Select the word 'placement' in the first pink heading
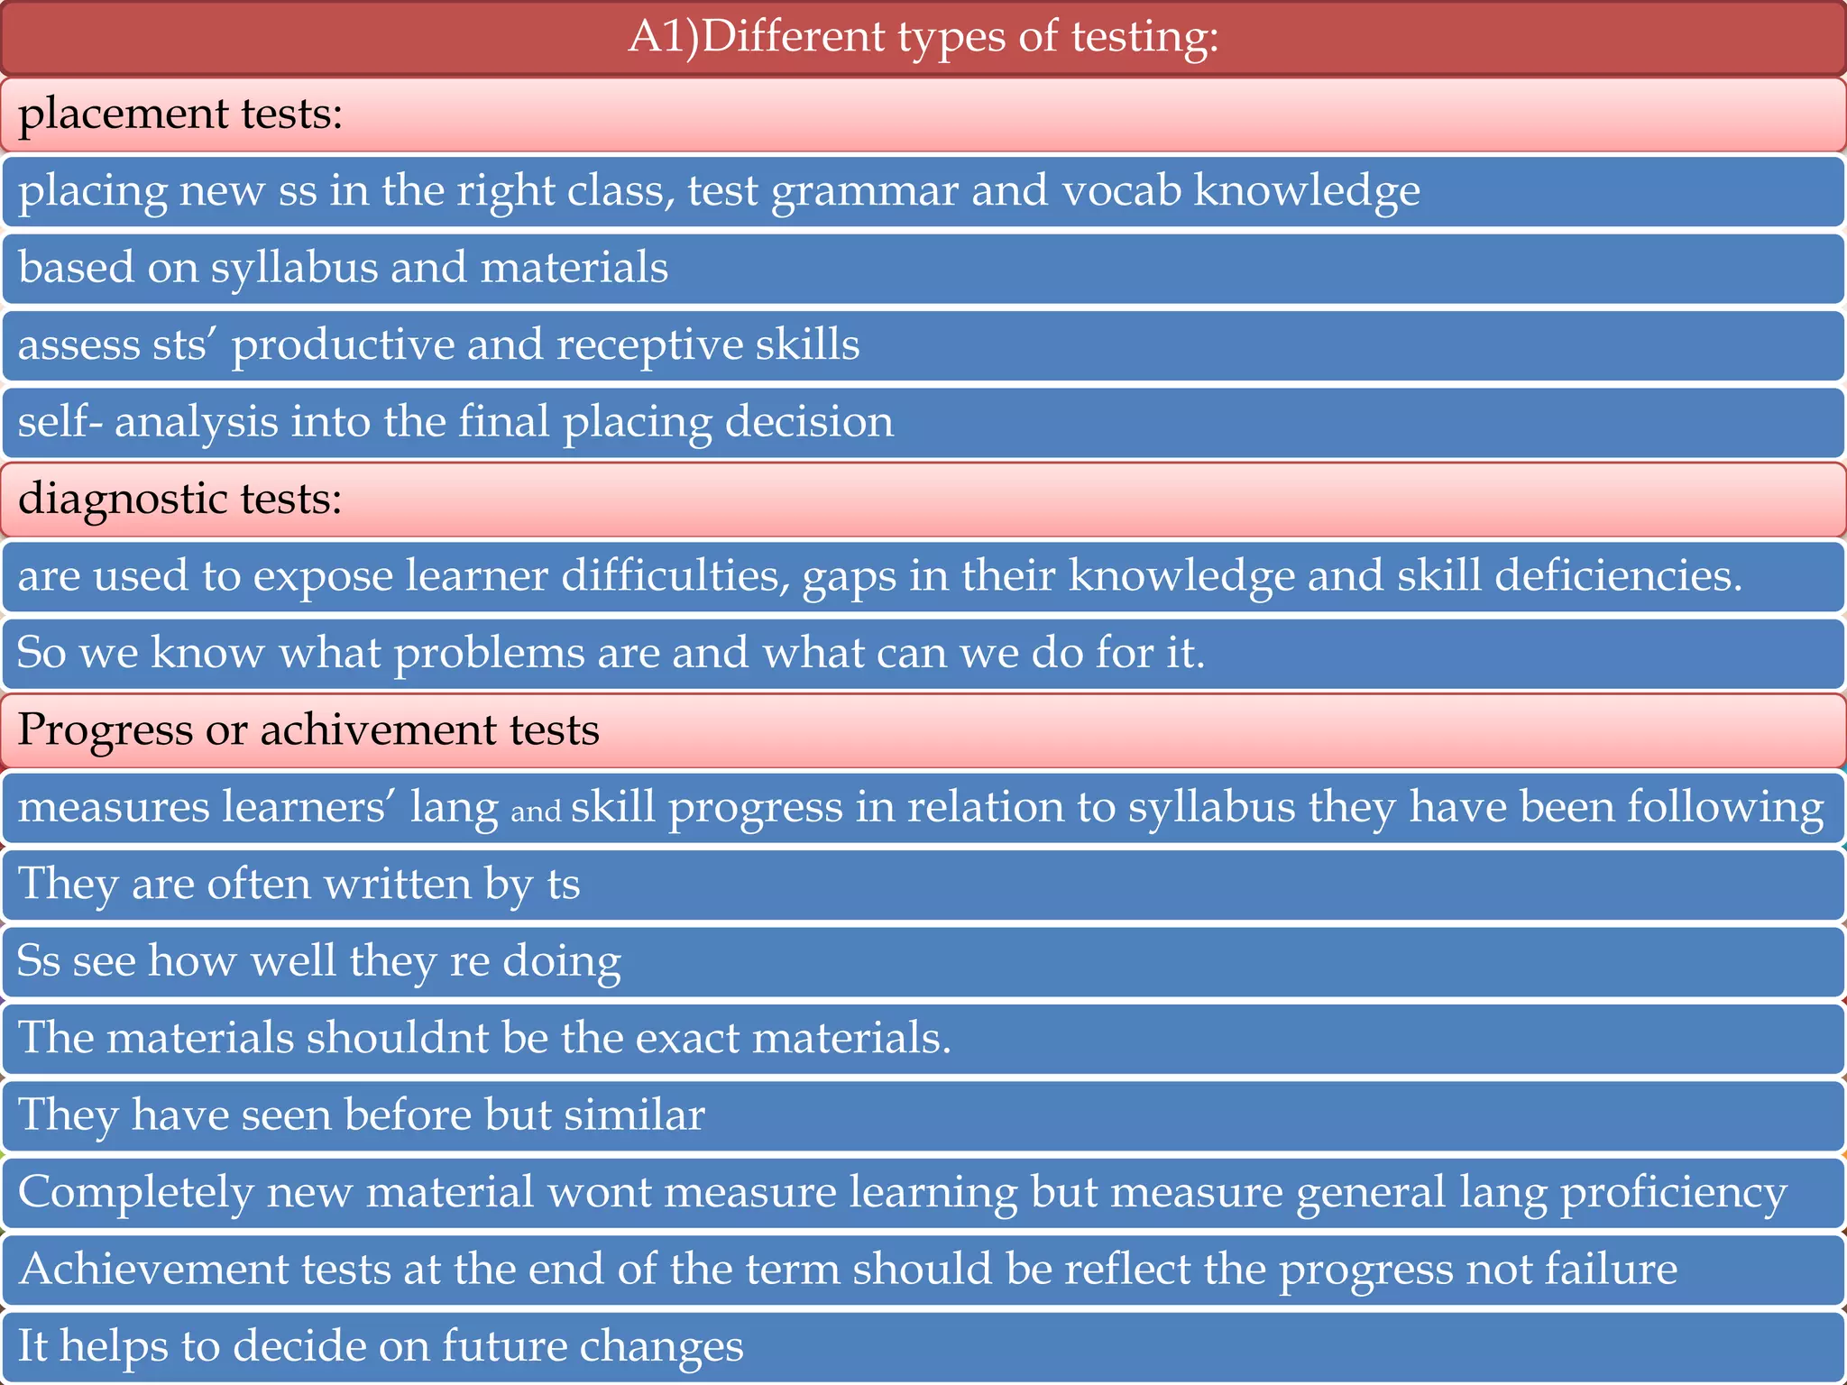point(123,115)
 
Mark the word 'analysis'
point(197,423)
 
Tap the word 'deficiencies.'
point(1618,576)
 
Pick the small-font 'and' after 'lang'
point(536,812)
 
